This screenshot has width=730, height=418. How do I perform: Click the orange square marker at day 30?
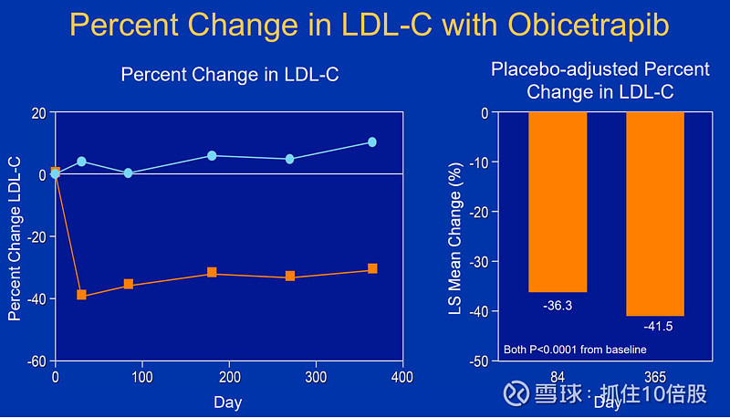coord(82,295)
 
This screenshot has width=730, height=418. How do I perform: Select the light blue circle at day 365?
coord(372,142)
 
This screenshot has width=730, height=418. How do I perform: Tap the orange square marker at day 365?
coord(372,269)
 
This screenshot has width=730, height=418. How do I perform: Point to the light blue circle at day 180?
coord(212,156)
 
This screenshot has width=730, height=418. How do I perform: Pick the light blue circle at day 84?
coord(129,172)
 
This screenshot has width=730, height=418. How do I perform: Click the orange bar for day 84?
coord(558,201)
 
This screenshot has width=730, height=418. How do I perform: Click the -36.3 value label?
coord(558,306)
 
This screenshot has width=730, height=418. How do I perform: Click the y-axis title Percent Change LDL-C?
coord(15,237)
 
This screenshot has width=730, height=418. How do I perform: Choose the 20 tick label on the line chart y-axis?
coord(38,112)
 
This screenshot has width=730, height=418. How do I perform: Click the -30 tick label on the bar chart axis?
coord(476,262)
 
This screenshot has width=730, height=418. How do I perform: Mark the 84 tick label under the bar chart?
coord(558,377)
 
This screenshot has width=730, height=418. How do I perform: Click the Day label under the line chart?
coord(227,402)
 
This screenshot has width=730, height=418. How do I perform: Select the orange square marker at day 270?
coord(290,276)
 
